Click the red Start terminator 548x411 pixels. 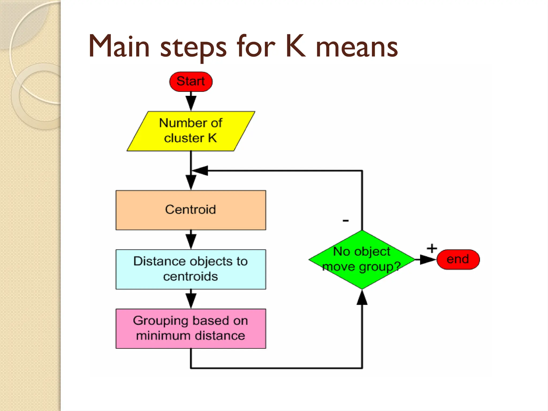(191, 81)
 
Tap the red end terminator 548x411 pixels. (458, 259)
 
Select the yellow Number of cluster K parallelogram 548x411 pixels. (191, 131)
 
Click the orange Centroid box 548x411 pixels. (191, 210)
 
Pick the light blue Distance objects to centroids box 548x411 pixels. (191, 269)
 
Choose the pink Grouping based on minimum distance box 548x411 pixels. (191, 328)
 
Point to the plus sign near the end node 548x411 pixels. (432, 248)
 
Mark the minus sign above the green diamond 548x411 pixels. (346, 220)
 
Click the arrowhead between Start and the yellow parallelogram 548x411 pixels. (191, 102)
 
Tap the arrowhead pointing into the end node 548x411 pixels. (427, 259)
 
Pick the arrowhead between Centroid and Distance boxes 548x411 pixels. (191, 241)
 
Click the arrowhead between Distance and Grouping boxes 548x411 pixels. (191, 300)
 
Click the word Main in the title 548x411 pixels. (119, 47)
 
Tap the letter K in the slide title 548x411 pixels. (295, 47)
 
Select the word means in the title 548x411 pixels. (357, 48)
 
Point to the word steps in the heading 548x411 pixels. (193, 48)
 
